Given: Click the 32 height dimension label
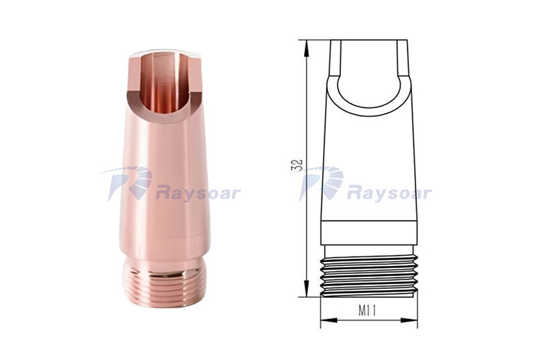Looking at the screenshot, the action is [x=297, y=165].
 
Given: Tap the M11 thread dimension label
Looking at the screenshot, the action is [x=367, y=311].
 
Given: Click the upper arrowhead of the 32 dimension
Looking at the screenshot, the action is [x=307, y=48].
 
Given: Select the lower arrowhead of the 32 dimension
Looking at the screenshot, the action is [x=307, y=288].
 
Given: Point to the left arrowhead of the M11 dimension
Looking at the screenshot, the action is [x=329, y=320].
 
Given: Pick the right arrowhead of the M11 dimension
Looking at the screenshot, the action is [x=409, y=320].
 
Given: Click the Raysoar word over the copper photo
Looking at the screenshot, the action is [x=198, y=193].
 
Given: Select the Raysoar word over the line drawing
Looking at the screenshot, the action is [x=389, y=193].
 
